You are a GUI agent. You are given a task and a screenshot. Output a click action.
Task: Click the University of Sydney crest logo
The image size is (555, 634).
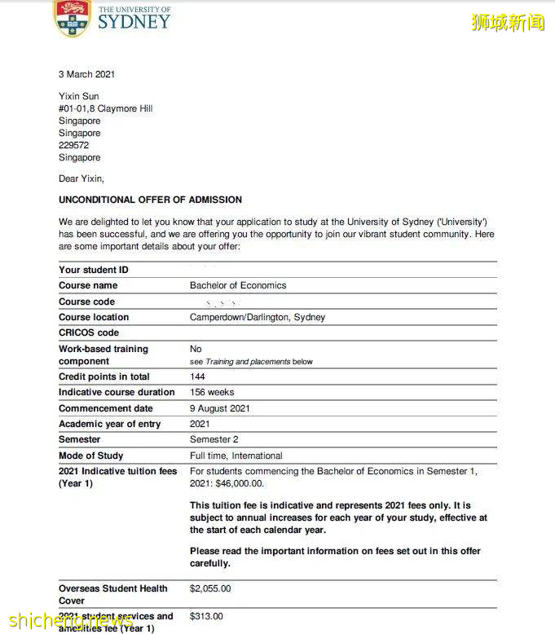pyautogui.click(x=72, y=17)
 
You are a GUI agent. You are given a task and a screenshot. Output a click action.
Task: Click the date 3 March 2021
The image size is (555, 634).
pyautogui.click(x=86, y=74)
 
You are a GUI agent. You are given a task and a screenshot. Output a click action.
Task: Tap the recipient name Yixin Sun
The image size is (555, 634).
pyautogui.click(x=79, y=96)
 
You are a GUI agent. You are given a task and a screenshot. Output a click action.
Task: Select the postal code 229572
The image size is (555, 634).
pyautogui.click(x=73, y=145)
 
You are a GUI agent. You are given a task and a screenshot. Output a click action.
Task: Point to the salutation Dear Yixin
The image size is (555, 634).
pyautogui.click(x=81, y=178)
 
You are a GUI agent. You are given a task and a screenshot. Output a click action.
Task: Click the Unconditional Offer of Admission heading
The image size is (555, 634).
pyautogui.click(x=150, y=200)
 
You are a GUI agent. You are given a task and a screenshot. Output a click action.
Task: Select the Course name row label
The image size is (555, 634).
pyautogui.click(x=88, y=285)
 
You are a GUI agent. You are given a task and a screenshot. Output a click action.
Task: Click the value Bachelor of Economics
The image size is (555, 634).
pyautogui.click(x=238, y=285)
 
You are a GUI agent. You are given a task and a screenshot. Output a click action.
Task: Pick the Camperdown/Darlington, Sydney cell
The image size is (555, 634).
pyautogui.click(x=258, y=317)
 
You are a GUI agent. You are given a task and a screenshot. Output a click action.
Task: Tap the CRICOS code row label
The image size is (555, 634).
pyautogui.click(x=89, y=332)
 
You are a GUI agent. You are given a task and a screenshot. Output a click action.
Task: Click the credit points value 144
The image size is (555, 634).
pyautogui.click(x=198, y=376)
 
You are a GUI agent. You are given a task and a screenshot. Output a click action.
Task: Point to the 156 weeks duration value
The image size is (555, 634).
pyautogui.click(x=212, y=392)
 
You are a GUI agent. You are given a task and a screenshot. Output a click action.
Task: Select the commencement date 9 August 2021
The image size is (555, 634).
pyautogui.click(x=220, y=408)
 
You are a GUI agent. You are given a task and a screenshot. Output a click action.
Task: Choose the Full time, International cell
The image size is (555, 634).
pyautogui.click(x=236, y=456)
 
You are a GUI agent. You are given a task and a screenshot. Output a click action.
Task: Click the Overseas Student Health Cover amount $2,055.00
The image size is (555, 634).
pyautogui.click(x=210, y=588)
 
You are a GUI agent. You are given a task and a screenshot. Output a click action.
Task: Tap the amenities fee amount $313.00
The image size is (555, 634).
pyautogui.click(x=206, y=616)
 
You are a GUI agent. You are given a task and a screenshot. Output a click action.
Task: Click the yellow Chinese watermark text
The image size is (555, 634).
pyautogui.click(x=508, y=22)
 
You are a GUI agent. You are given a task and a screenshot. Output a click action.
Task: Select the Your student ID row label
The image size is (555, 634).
pyautogui.click(x=94, y=270)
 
